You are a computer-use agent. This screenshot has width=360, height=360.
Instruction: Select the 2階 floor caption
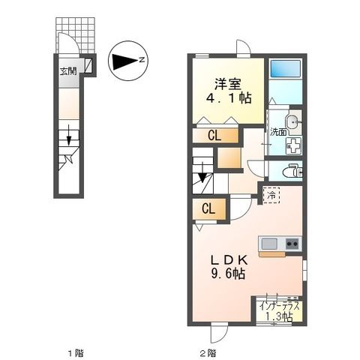tap(208, 352)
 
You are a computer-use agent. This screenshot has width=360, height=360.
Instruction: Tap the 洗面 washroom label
tap(278, 132)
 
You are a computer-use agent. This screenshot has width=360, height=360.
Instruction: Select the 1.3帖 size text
tap(279, 316)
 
